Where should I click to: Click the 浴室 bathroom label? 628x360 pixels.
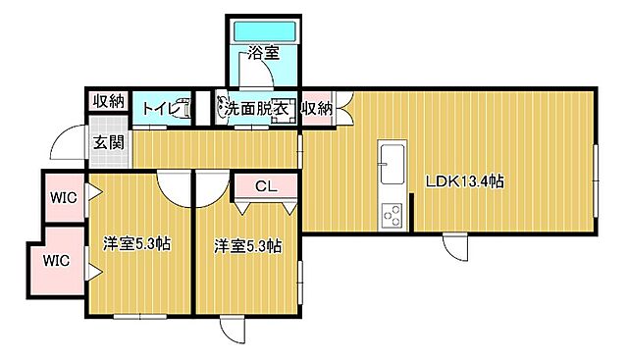point(262,54)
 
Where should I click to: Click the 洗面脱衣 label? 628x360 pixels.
point(257,109)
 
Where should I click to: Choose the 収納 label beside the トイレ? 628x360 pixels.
point(108,101)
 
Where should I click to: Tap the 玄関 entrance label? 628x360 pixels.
point(108,141)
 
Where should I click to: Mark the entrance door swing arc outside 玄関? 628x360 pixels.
point(69,145)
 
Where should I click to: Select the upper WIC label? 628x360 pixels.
point(62,195)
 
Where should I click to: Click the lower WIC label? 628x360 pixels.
point(56,261)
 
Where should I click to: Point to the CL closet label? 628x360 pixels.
point(265,185)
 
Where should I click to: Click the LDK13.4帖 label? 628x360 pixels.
point(464,181)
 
